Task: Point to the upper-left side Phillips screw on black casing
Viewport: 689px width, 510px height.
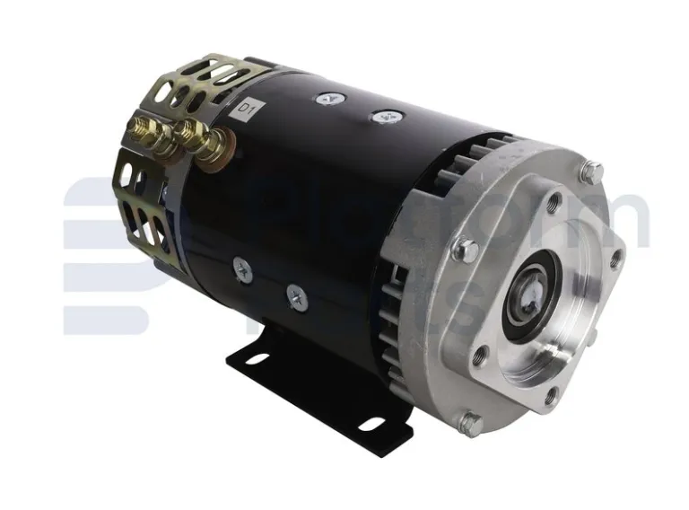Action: (x=241, y=266)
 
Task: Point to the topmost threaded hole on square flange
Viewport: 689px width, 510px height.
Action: (x=554, y=204)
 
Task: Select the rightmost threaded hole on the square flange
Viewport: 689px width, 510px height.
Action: (x=615, y=261)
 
